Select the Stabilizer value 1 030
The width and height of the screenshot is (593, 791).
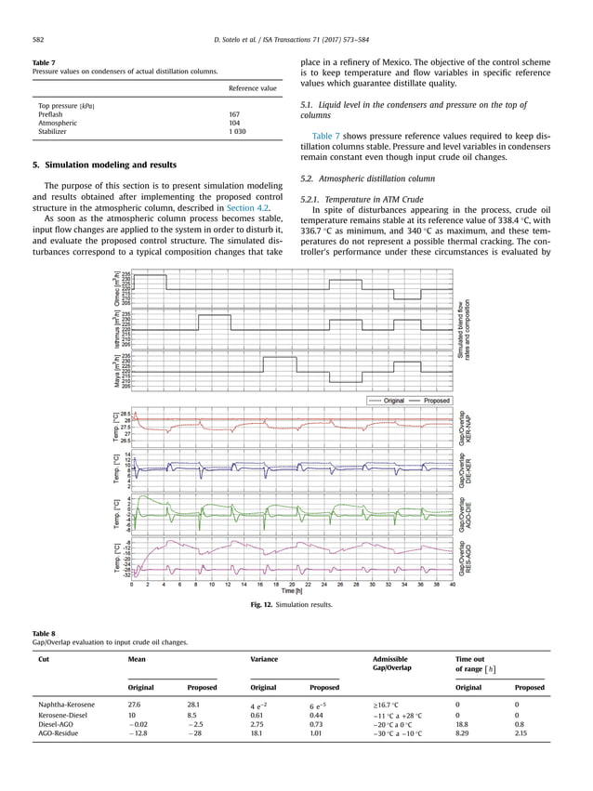(240, 133)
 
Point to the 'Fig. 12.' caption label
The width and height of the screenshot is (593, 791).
(265, 607)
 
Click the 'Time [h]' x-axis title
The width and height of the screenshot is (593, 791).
(292, 591)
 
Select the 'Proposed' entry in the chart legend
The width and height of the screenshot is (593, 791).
(436, 401)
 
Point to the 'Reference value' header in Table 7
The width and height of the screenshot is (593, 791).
(253, 88)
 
